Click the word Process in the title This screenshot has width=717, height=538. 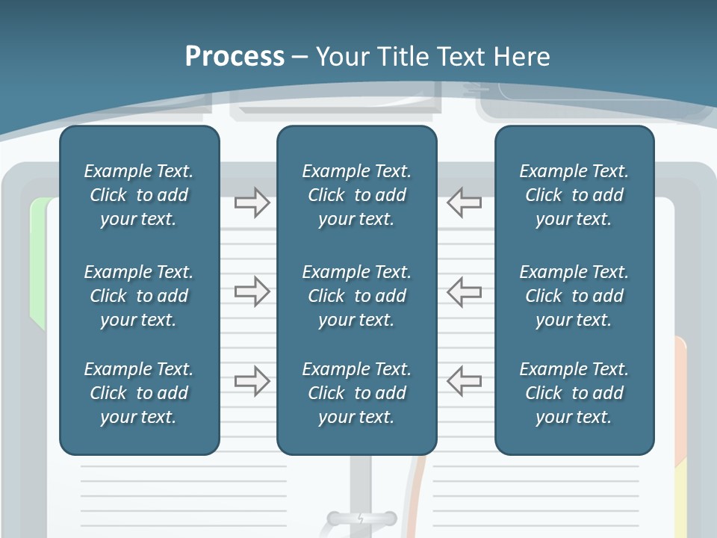[x=235, y=57]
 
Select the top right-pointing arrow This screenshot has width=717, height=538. [x=252, y=202]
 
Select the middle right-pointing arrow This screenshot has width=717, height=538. [x=252, y=291]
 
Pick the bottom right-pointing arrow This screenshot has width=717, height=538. [x=252, y=381]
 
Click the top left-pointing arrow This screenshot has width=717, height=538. [x=464, y=202]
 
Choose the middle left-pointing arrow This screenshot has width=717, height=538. [x=464, y=291]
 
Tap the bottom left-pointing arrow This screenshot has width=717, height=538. [x=464, y=381]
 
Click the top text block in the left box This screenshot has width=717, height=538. [x=139, y=195]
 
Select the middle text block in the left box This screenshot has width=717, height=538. [x=139, y=296]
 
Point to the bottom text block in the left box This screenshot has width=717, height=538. [x=139, y=393]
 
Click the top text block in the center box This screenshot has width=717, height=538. [x=356, y=195]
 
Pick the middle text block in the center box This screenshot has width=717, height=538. [x=356, y=296]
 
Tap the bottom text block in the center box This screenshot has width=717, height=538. [x=356, y=393]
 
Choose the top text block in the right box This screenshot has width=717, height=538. [x=574, y=195]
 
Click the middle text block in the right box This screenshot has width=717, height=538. [x=574, y=296]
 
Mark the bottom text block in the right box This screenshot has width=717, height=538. [x=574, y=393]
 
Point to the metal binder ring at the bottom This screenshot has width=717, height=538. [x=361, y=518]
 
